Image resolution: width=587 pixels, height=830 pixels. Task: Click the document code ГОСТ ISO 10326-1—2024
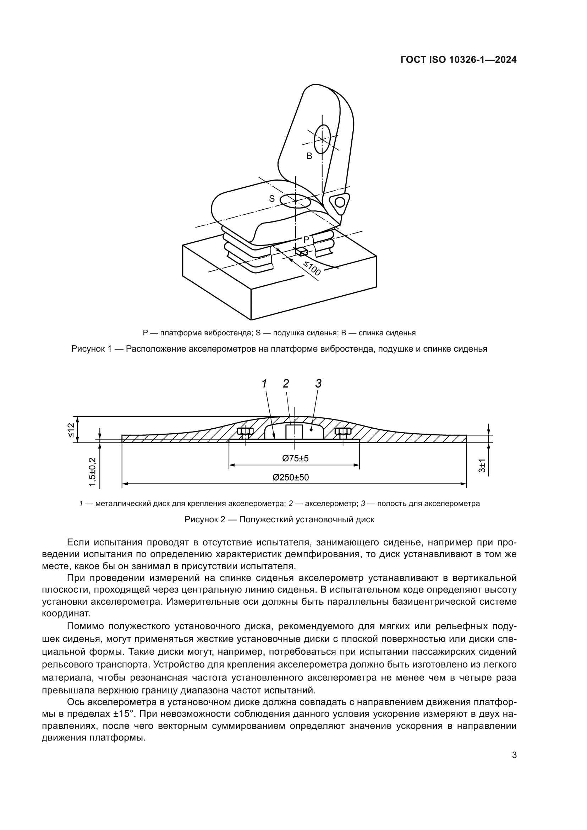point(458,60)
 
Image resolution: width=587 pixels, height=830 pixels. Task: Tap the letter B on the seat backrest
point(309,156)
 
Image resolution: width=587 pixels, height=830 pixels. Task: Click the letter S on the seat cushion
point(272,199)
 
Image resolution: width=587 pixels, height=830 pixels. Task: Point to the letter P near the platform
point(306,239)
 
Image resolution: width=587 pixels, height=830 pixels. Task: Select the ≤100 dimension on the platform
point(312,268)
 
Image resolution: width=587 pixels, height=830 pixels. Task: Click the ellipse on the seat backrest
point(322,139)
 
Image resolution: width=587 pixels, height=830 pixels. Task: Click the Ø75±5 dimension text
point(295,458)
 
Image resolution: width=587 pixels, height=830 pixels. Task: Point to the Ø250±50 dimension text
point(291,478)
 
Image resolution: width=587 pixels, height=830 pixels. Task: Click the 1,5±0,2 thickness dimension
point(93,472)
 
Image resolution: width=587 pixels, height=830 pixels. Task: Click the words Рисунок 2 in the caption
point(204,520)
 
